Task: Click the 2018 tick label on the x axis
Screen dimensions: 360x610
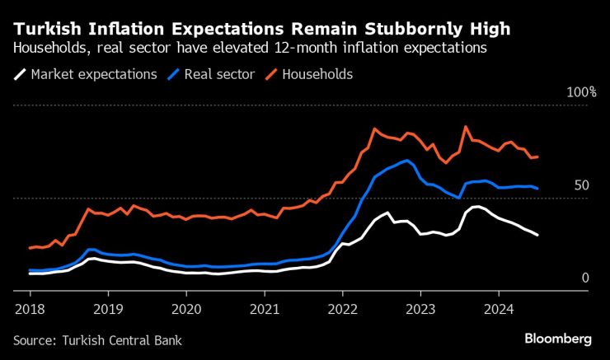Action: point(30,309)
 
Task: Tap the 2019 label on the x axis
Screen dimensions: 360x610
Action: point(108,309)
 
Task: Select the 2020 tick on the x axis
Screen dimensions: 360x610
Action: point(186,309)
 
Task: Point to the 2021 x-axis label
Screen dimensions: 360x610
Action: point(264,309)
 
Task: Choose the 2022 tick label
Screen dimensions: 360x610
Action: point(342,309)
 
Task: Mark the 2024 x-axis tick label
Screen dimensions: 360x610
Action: point(498,309)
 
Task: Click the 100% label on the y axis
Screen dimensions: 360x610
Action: point(580,91)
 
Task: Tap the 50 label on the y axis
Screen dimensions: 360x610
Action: point(581,185)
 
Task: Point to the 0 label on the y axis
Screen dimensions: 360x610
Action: point(585,278)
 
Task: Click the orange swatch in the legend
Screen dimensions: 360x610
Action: point(270,74)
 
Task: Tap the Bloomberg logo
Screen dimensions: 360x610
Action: point(558,339)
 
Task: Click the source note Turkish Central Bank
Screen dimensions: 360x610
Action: point(97,339)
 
